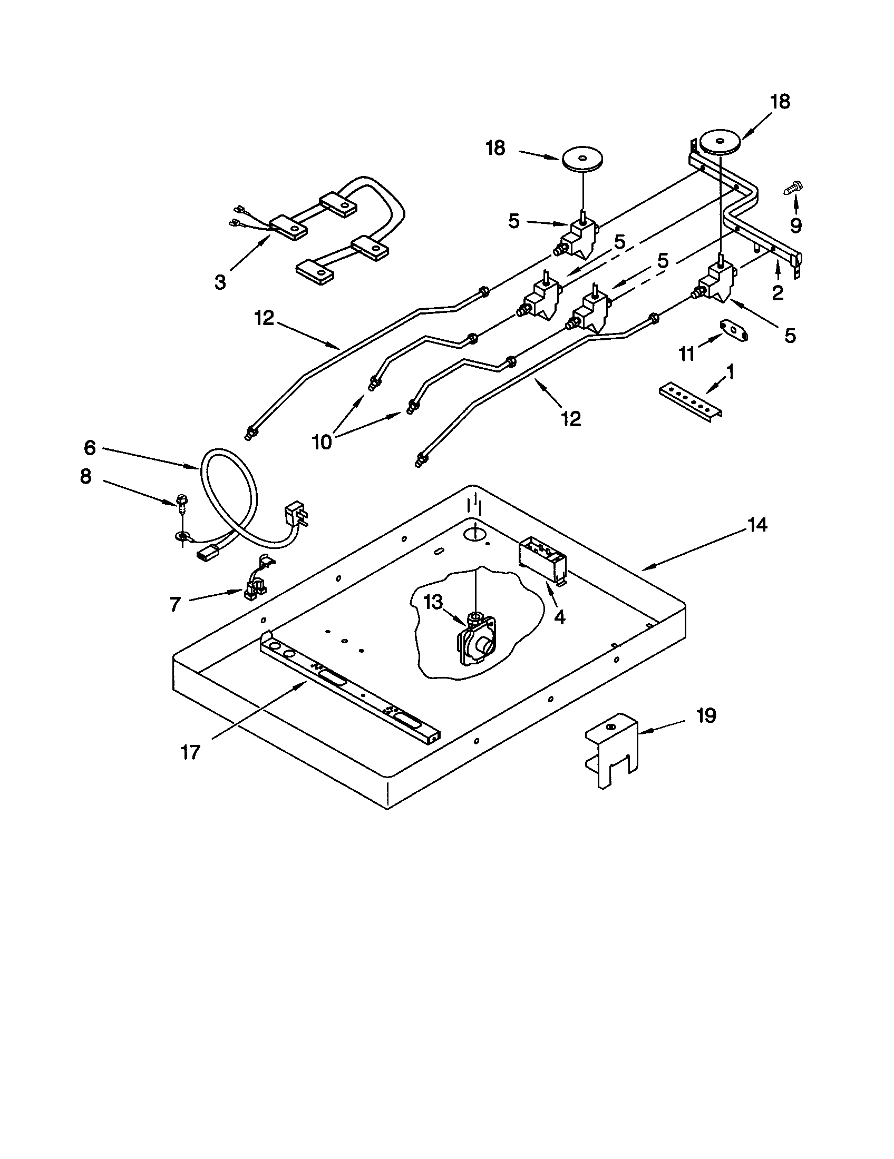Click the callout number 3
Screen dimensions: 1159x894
tap(220, 282)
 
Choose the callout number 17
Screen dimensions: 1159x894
tap(190, 752)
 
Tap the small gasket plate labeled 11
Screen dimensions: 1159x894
tap(733, 331)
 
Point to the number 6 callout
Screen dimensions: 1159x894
tap(90, 448)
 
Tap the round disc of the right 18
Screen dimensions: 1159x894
tap(720, 142)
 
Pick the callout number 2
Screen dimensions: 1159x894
tap(777, 292)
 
